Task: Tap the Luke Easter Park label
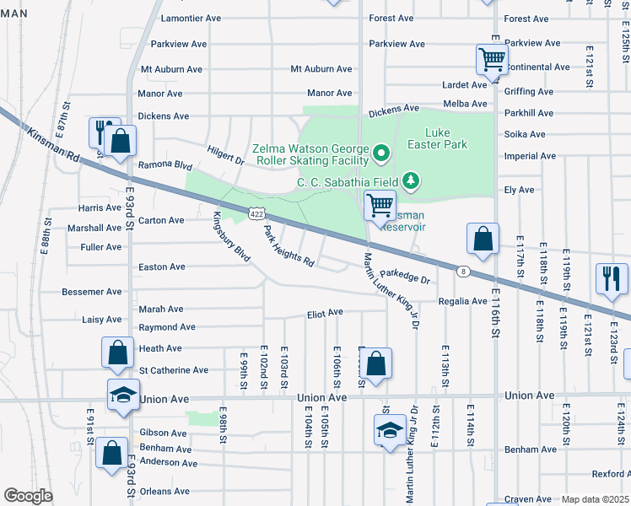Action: pos(447,138)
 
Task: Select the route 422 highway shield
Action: pos(257,215)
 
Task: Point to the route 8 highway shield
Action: pos(463,272)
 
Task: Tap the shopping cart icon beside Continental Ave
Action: pos(492,60)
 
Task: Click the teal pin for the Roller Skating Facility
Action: pos(381,153)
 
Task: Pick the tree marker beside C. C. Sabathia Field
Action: pos(411,180)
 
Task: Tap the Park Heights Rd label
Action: pos(289,246)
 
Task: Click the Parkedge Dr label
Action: pos(404,275)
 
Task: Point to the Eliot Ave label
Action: pos(325,313)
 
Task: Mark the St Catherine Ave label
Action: pos(174,370)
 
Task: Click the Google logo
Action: pos(29,496)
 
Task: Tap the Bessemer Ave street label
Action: pos(92,293)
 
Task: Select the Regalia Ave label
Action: pos(461,301)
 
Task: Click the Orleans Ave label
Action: pos(164,492)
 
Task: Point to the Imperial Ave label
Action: pos(529,156)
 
